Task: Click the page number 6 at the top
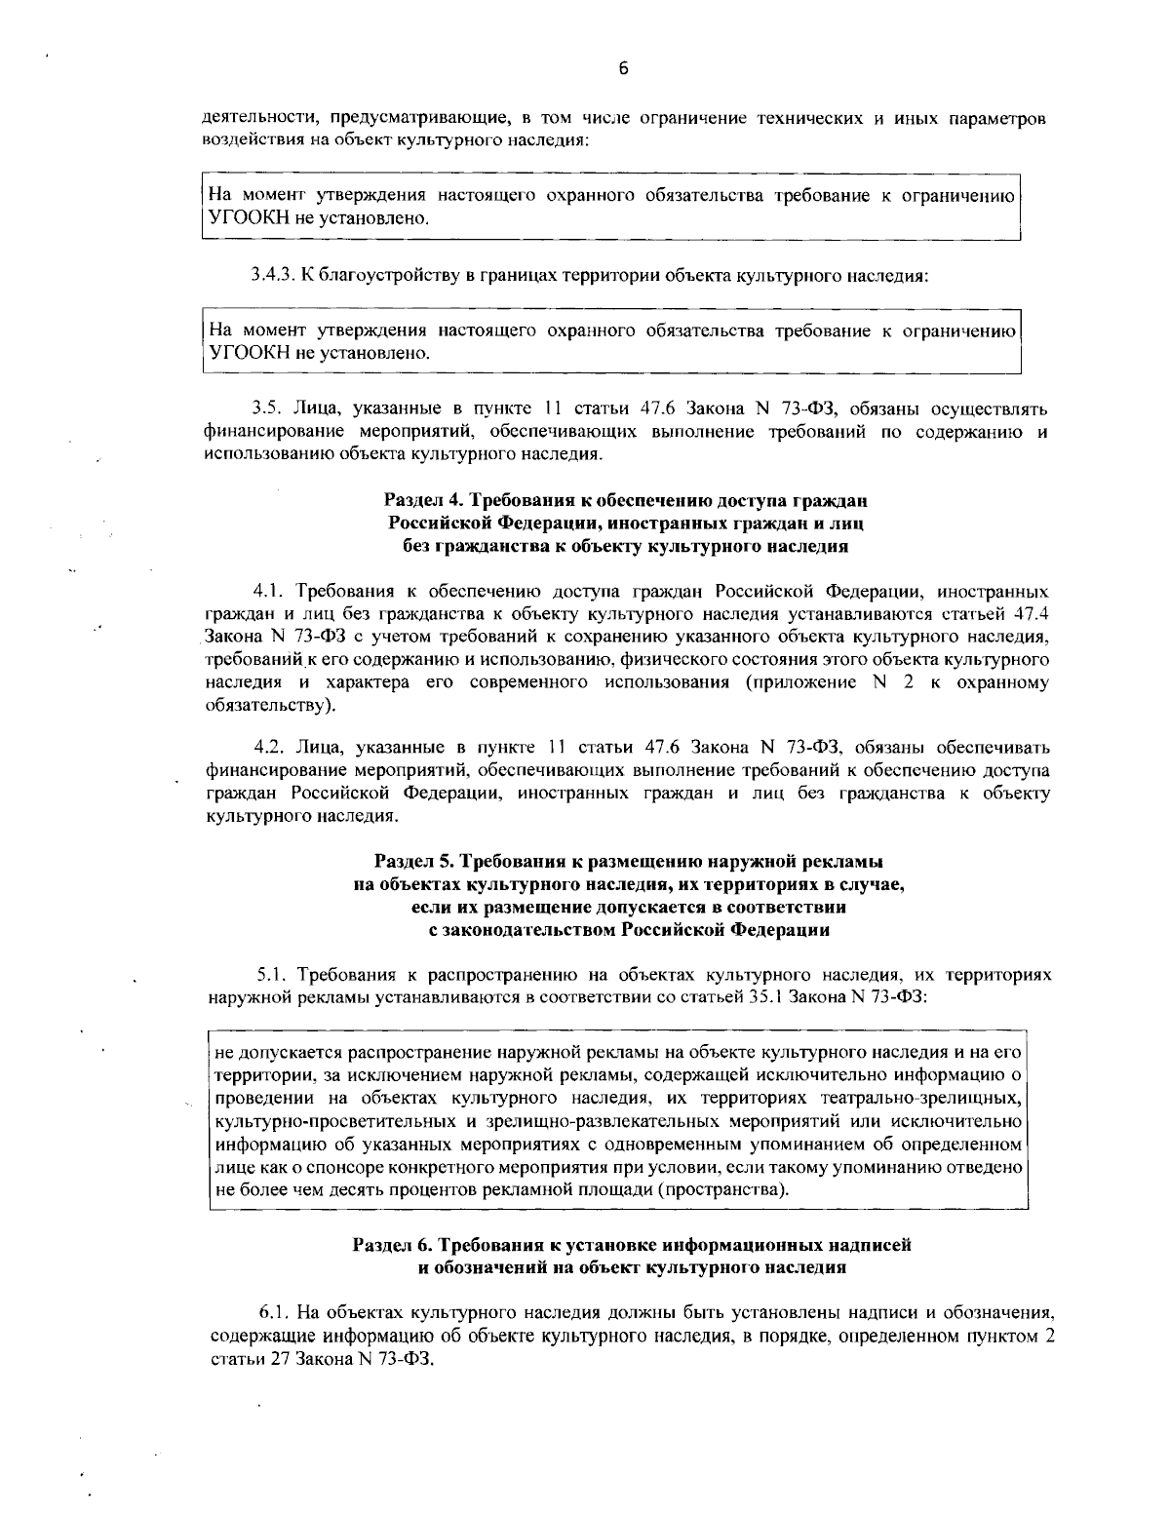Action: pyautogui.click(x=623, y=67)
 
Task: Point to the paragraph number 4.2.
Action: pyautogui.click(x=268, y=748)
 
